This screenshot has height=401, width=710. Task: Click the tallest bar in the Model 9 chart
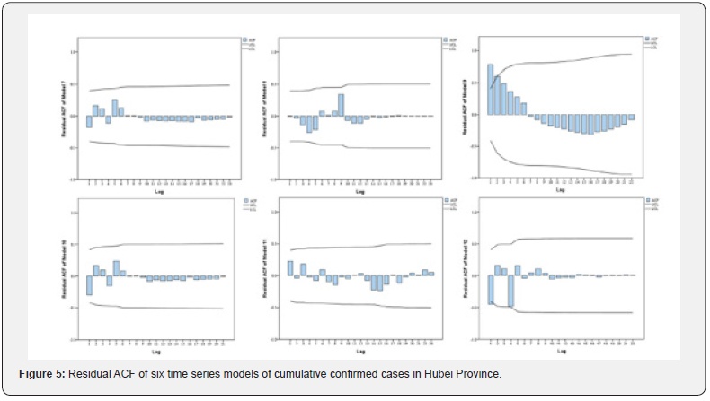pyautogui.click(x=491, y=90)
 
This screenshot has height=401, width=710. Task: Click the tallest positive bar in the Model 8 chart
pyautogui.click(x=342, y=105)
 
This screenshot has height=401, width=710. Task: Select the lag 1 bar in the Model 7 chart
pyautogui.click(x=89, y=121)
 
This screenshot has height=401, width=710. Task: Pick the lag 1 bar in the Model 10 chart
pyautogui.click(x=89, y=284)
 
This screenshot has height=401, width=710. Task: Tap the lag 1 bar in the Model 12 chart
pyautogui.click(x=491, y=290)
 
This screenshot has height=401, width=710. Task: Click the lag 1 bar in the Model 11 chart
pyautogui.click(x=290, y=268)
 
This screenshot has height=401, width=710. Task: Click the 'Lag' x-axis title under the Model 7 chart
pyautogui.click(x=158, y=191)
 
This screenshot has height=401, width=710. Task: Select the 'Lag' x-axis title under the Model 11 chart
pyautogui.click(x=359, y=351)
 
